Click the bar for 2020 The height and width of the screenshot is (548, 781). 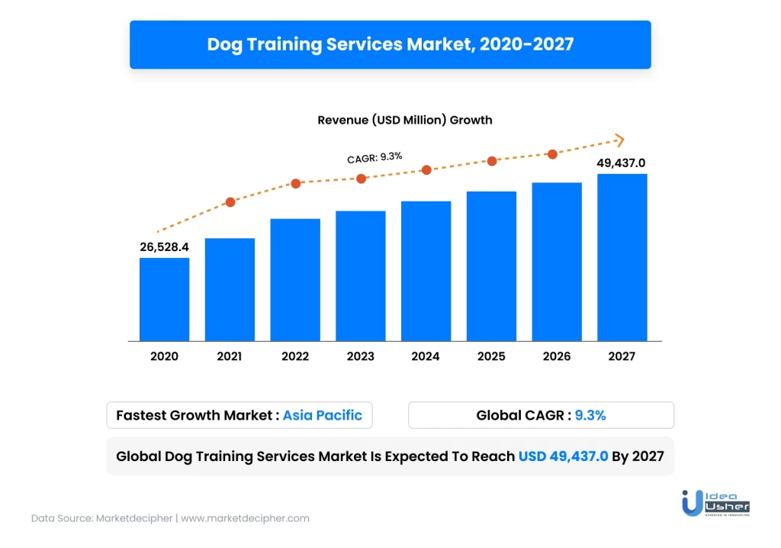[164, 299]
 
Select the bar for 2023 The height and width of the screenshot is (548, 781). [360, 276]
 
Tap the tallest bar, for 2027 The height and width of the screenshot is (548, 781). [622, 257]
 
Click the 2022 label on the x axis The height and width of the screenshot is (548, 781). [295, 356]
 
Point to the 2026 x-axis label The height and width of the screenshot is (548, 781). [557, 356]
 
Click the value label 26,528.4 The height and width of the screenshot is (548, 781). [164, 247]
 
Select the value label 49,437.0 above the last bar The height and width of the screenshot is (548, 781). [621, 163]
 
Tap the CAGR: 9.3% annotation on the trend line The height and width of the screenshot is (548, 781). [374, 157]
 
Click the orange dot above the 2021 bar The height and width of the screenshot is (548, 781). [230, 202]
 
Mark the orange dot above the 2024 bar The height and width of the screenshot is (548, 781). [426, 169]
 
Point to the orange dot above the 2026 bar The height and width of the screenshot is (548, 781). [553, 154]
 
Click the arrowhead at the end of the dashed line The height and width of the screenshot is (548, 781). [619, 140]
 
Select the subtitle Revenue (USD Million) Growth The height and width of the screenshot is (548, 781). [404, 120]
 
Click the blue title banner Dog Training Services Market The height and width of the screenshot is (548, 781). [390, 44]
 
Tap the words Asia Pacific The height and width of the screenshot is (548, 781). [323, 415]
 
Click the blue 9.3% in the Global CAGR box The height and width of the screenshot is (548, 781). [590, 415]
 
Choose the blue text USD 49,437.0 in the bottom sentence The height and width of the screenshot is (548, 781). [563, 456]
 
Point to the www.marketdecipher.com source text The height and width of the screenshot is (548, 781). [245, 517]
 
